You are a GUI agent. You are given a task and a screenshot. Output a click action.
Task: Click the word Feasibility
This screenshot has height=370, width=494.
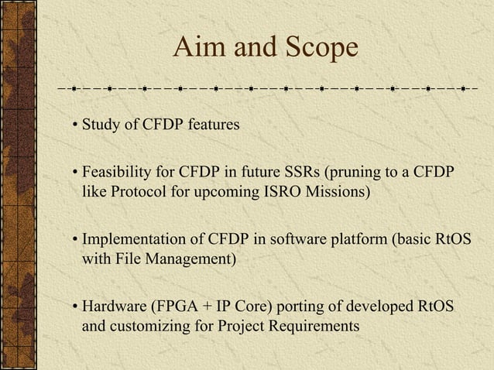tap(116, 172)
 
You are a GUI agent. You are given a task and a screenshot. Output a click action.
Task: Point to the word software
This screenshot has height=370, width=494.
tap(293, 239)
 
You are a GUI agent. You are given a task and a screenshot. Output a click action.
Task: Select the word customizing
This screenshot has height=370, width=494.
tap(147, 326)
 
